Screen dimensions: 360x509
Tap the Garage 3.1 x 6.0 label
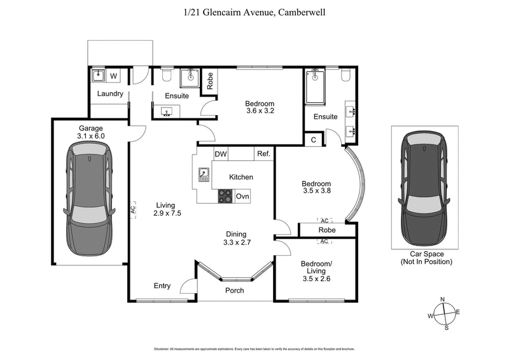click(91, 132)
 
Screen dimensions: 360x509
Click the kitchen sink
click(204, 174)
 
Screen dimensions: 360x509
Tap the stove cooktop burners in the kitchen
click(225, 197)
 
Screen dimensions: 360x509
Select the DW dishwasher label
click(221, 154)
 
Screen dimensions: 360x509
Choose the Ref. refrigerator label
click(263, 154)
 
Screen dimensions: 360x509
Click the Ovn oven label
click(242, 197)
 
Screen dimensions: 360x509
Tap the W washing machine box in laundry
click(114, 77)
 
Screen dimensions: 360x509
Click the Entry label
click(162, 286)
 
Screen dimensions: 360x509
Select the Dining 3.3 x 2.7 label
click(235, 238)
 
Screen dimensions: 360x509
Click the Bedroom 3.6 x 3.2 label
click(260, 107)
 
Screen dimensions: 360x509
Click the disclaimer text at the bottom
click(254, 349)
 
